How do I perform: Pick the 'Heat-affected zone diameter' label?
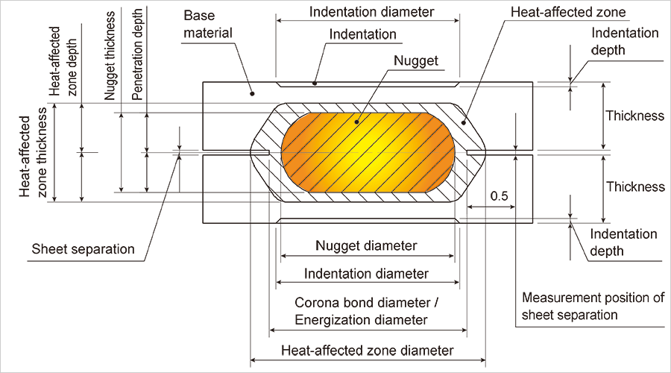(367, 351)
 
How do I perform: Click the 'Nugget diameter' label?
(366, 245)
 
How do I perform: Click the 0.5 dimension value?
(500, 195)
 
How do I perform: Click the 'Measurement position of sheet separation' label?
(593, 306)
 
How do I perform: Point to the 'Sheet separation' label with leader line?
(83, 249)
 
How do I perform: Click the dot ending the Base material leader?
(253, 94)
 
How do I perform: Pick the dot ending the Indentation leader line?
(315, 84)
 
